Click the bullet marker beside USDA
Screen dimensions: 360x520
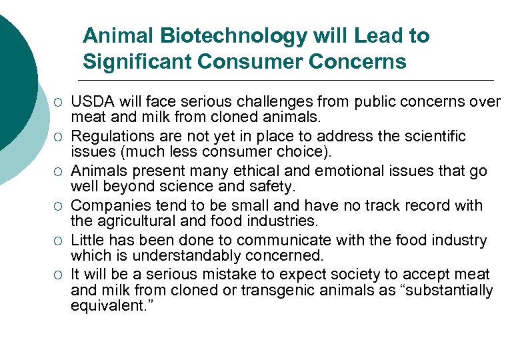(58, 102)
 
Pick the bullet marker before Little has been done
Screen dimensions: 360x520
(58, 241)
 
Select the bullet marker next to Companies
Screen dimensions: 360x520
(58, 206)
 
